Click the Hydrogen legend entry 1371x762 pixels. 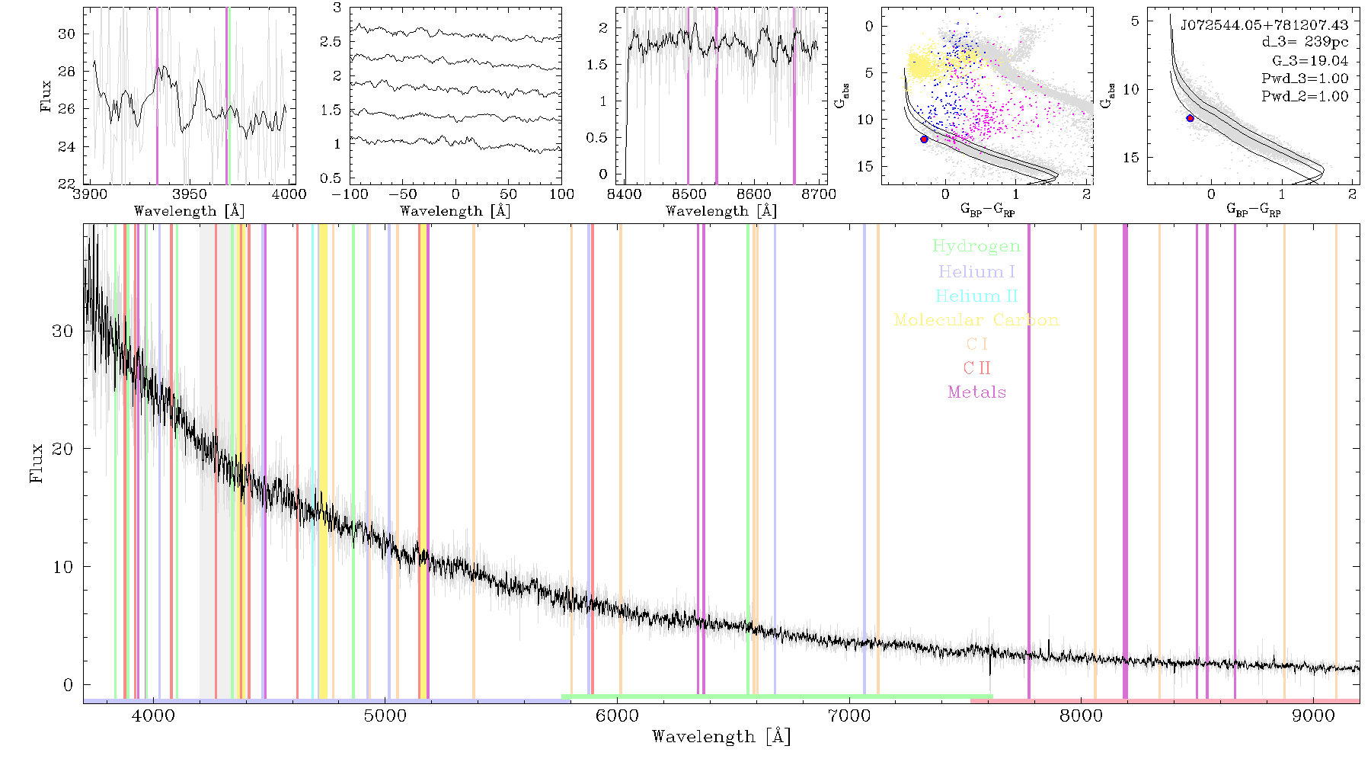(976, 246)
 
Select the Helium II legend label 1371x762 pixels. (976, 296)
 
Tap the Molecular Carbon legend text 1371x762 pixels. (976, 320)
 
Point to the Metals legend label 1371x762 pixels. (976, 392)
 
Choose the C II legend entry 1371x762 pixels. (976, 368)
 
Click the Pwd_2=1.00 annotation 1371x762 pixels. (1305, 97)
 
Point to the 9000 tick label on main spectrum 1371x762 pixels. (1313, 716)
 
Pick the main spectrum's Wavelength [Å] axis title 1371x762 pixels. (721, 737)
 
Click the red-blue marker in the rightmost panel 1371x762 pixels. (1190, 118)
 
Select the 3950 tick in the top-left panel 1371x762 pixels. (189, 194)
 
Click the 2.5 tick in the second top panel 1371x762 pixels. (331, 41)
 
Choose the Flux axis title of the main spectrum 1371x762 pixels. (36, 462)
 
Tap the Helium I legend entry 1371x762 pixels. (976, 271)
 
